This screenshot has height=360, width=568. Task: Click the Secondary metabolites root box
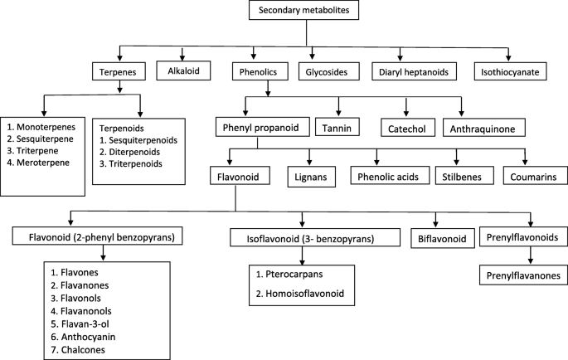307,12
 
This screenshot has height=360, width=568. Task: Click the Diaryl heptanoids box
414,72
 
